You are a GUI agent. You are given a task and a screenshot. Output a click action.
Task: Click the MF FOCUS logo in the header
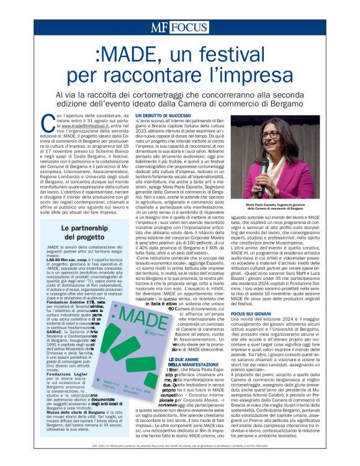pyautogui.click(x=179, y=27)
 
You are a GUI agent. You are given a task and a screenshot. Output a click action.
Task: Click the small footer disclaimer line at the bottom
pyautogui.click(x=180, y=455)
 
